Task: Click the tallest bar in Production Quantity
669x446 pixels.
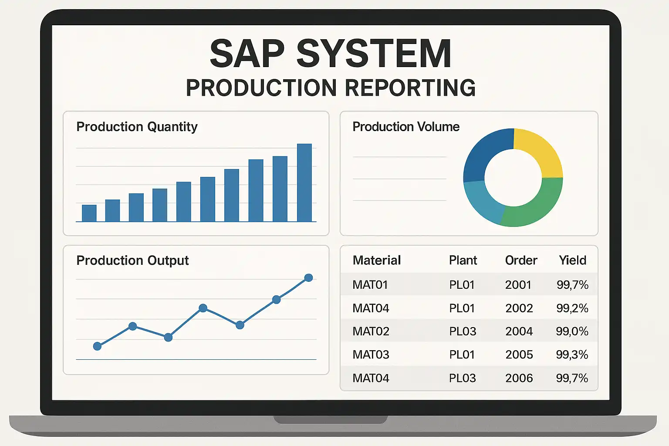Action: point(304,183)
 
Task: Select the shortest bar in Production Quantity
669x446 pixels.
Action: point(89,213)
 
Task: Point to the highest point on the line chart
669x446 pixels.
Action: point(308,278)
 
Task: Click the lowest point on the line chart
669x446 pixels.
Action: point(98,346)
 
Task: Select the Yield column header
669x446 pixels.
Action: point(572,260)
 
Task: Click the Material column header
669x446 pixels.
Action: point(376,260)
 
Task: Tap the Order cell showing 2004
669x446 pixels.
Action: point(519,331)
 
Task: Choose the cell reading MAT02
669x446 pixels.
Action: point(371,331)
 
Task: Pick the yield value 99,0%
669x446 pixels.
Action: point(572,331)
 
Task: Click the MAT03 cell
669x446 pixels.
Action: point(371,355)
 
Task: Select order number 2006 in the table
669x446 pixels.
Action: point(519,378)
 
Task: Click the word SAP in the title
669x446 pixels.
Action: point(247,54)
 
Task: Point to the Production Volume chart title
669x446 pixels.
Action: point(406,127)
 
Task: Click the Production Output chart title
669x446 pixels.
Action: point(132,260)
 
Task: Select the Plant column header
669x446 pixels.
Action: point(463,260)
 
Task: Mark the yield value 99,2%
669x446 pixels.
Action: point(572,308)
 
